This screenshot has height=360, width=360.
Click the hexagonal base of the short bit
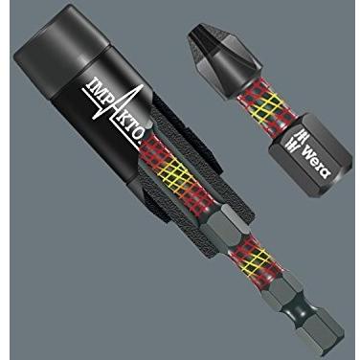[x=308, y=154]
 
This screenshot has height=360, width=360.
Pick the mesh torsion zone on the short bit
[x=262, y=110]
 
